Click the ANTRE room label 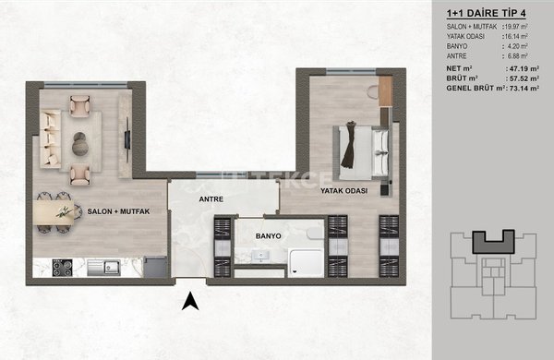pyautogui.click(x=211, y=199)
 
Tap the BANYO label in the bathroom pyautogui.click(x=268, y=236)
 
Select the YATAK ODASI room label pyautogui.click(x=343, y=191)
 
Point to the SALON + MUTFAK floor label pyautogui.click(x=118, y=211)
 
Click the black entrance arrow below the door pyautogui.click(x=190, y=301)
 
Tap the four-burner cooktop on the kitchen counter pyautogui.click(x=62, y=268)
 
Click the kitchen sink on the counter pyautogui.click(x=103, y=268)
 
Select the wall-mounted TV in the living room pyautogui.click(x=127, y=139)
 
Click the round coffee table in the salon pyautogui.click(x=79, y=144)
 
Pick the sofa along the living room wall pyautogui.click(x=50, y=139)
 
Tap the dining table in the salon pyautogui.click(x=54, y=212)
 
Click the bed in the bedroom pyautogui.click(x=361, y=153)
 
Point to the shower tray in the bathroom pyautogui.click(x=306, y=262)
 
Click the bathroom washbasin pyautogui.click(x=260, y=255)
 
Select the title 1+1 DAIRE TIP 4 pyautogui.click(x=487, y=14)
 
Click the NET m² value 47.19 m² pyautogui.click(x=524, y=68)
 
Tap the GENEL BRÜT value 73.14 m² pyautogui.click(x=524, y=89)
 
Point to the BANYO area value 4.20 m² pyautogui.click(x=518, y=46)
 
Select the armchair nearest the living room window pyautogui.click(x=79, y=105)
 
